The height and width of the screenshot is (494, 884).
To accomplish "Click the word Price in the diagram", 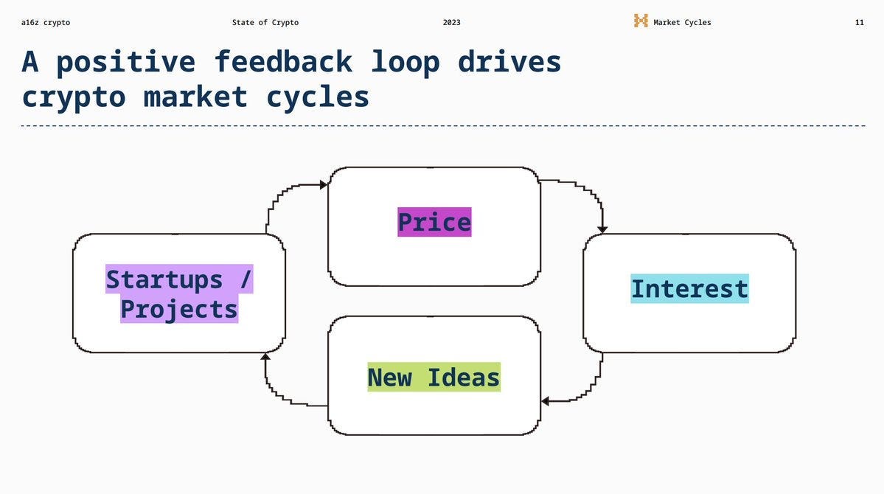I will tap(434, 222).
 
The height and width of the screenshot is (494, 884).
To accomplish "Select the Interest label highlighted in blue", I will tap(689, 288).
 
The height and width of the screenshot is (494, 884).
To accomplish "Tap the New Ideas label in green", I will tap(434, 377).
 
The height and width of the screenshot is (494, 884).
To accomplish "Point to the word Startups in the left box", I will tap(164, 279).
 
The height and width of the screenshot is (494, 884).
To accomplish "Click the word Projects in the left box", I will tap(179, 309).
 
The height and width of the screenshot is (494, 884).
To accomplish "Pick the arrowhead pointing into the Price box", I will tap(324, 185).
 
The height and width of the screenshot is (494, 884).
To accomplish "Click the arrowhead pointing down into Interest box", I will tap(602, 230).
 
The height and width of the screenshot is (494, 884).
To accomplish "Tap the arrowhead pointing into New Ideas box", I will tap(545, 401).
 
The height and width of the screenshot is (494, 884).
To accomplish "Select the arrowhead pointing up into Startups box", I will tap(265, 357).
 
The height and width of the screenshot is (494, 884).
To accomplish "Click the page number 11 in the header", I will tap(859, 23).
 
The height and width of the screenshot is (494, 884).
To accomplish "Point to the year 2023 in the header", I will tap(451, 23).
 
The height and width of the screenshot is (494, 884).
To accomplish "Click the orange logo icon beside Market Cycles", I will tap(641, 21).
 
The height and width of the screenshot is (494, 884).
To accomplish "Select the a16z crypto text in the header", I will tap(46, 23).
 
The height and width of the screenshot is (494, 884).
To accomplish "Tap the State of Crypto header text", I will tap(265, 23).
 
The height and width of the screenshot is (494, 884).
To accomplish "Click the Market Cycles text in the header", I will tap(682, 23).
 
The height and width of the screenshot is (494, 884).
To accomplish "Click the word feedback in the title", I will tap(283, 62).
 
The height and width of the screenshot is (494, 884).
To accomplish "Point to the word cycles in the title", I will tap(318, 97).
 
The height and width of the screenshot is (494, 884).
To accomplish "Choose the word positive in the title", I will tap(126, 62).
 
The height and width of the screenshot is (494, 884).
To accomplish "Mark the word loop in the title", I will tap(405, 62).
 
